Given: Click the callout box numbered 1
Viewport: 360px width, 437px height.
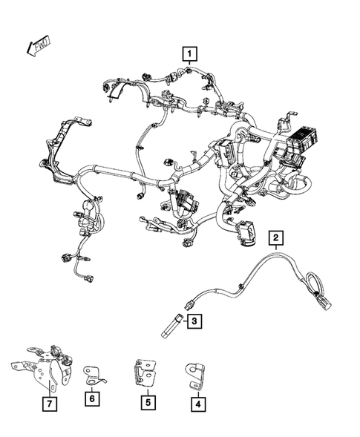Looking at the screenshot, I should click(191, 53).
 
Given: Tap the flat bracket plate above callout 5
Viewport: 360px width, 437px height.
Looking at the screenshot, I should click(143, 372).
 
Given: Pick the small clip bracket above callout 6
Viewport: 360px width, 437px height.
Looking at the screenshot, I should click(94, 374).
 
